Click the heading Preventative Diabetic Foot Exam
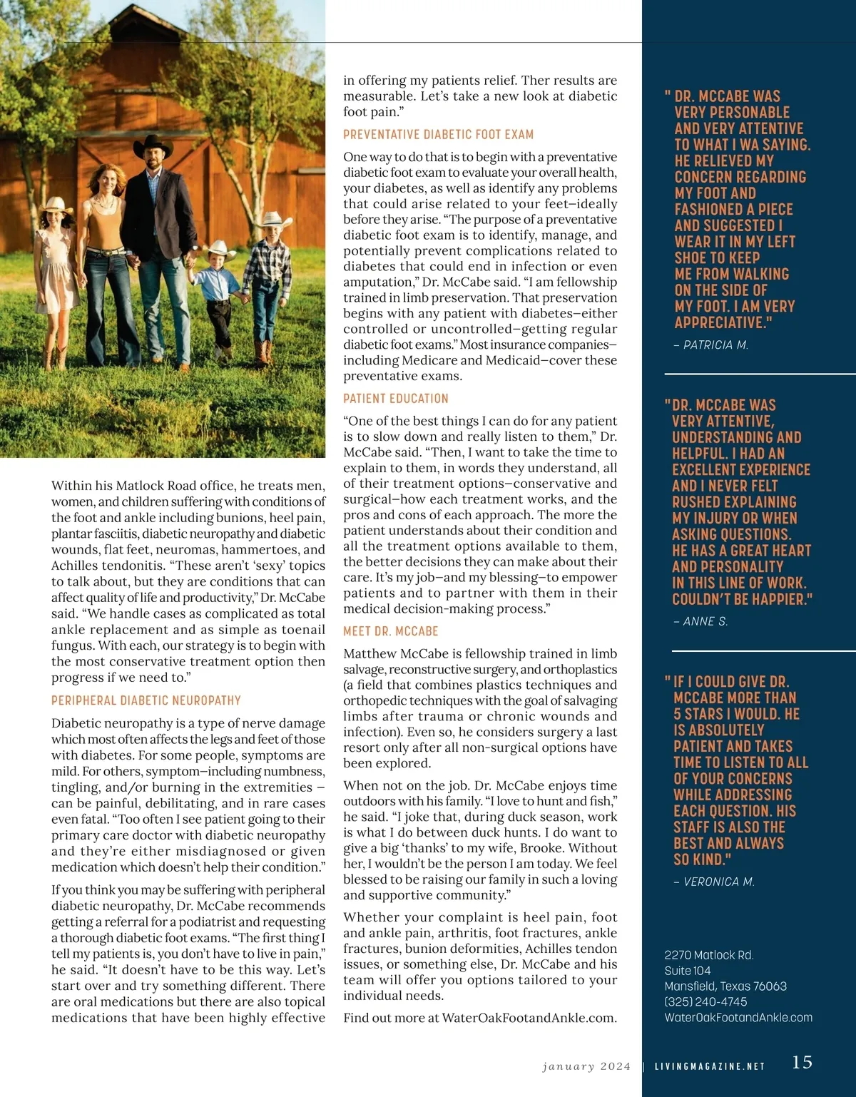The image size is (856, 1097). [x=438, y=134]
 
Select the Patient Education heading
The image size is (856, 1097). [x=396, y=399]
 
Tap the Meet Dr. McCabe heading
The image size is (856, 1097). [x=390, y=631]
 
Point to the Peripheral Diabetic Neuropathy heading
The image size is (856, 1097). [x=146, y=700]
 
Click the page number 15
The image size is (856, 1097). [x=802, y=1062]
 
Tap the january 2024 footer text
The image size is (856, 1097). [x=586, y=1066]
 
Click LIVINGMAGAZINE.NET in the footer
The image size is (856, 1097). [x=710, y=1066]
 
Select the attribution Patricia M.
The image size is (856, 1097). [x=710, y=345]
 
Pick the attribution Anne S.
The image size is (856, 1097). [x=700, y=621]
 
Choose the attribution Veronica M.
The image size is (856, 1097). [x=714, y=882]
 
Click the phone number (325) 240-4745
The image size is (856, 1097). [x=705, y=1002]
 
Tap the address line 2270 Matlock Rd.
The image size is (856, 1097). [x=708, y=955]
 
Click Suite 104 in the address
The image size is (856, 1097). [x=687, y=971]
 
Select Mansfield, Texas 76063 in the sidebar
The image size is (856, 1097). [x=725, y=986]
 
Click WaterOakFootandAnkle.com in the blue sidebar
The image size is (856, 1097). [x=738, y=1018]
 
